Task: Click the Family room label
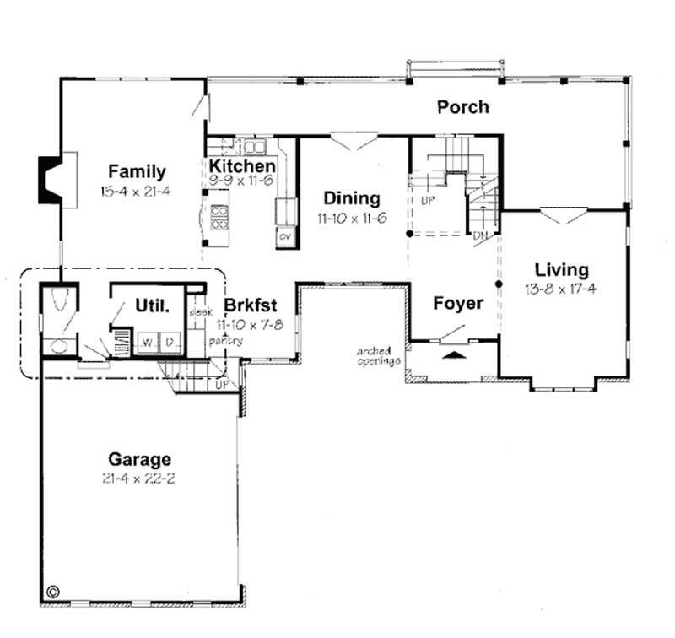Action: (x=136, y=172)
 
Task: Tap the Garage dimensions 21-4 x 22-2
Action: (x=139, y=478)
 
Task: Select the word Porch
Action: (x=462, y=107)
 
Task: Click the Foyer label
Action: (x=458, y=303)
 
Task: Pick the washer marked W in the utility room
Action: (x=147, y=342)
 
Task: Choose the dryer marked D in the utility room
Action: (x=169, y=342)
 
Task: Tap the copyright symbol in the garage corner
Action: (x=53, y=592)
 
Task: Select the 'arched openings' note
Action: (x=372, y=355)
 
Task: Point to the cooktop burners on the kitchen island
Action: (x=219, y=218)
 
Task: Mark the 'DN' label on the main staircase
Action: (x=480, y=235)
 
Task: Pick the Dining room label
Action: (x=352, y=198)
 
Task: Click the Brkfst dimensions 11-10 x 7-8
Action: (x=250, y=323)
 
